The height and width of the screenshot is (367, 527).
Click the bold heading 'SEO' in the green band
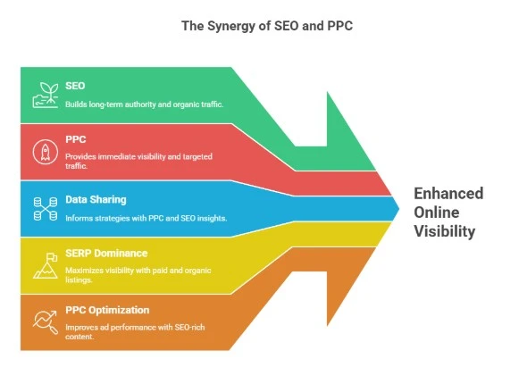pyautogui.click(x=75, y=87)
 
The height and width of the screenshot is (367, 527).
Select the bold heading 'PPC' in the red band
pyautogui.click(x=75, y=139)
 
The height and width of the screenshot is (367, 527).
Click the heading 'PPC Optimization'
pyautogui.click(x=106, y=310)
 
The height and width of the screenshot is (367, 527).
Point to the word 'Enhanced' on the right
pyautogui.click(x=448, y=194)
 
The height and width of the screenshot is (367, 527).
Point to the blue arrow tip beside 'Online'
pyautogui.click(x=393, y=208)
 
